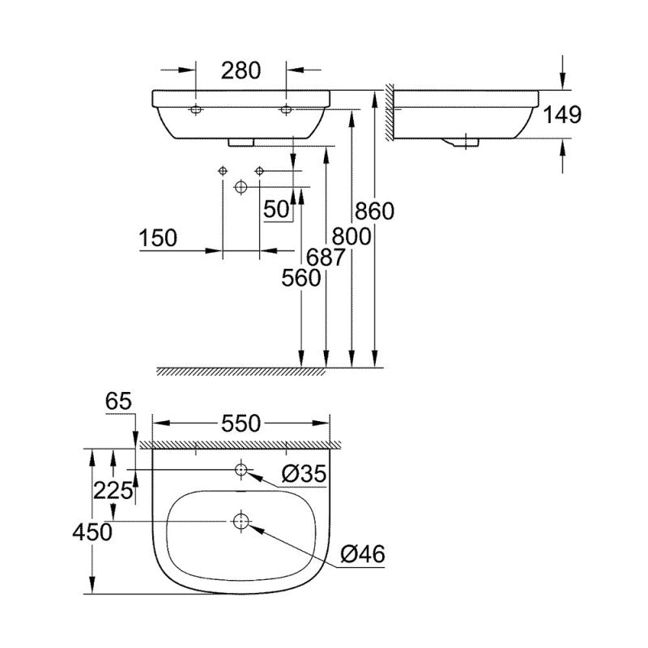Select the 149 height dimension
pyautogui.click(x=563, y=115)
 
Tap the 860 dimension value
pyautogui.click(x=374, y=211)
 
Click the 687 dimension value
pyautogui.click(x=326, y=258)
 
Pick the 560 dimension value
pyautogui.click(x=301, y=279)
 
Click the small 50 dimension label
pyautogui.click(x=276, y=209)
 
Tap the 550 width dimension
pyautogui.click(x=241, y=423)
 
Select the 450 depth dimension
pyautogui.click(x=92, y=531)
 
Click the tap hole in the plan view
pyautogui.click(x=241, y=469)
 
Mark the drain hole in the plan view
pyautogui.click(x=241, y=521)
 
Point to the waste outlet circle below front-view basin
pyautogui.click(x=240, y=187)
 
